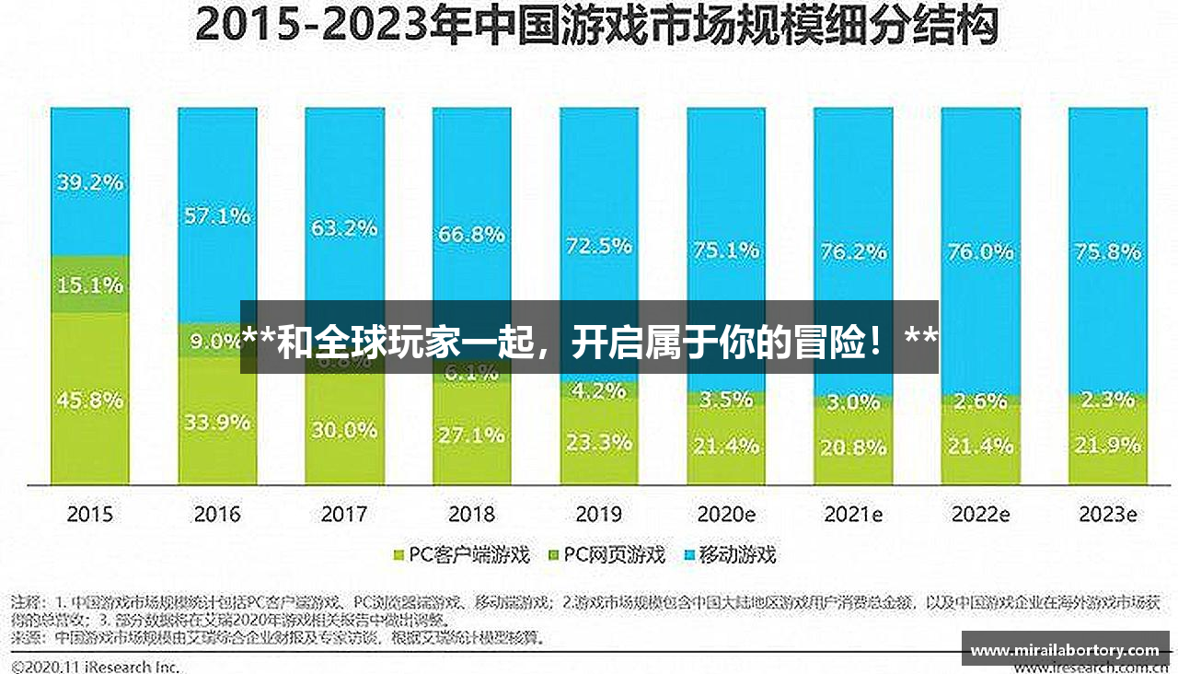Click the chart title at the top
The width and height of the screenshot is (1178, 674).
pyautogui.click(x=595, y=28)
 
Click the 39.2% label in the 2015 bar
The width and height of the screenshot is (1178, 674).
pyautogui.click(x=89, y=182)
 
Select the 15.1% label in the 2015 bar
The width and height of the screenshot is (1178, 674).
pyautogui.click(x=89, y=285)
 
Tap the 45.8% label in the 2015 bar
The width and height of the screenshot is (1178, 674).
pyautogui.click(x=89, y=401)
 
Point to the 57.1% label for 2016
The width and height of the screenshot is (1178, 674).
pyautogui.click(x=217, y=216)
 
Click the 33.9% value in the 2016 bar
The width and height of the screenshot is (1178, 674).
pyautogui.click(x=217, y=423)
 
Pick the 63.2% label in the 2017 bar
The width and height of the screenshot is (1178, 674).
pyautogui.click(x=344, y=227)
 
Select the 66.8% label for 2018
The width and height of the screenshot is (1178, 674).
pyautogui.click(x=471, y=234)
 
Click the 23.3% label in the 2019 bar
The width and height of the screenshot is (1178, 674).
pyautogui.click(x=598, y=442)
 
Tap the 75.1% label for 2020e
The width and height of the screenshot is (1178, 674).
pyautogui.click(x=726, y=250)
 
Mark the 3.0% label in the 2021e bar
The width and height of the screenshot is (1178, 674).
pyautogui.click(x=853, y=402)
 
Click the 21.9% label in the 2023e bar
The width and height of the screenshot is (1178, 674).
pyautogui.click(x=1107, y=447)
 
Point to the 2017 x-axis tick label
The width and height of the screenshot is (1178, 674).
pyautogui.click(x=344, y=515)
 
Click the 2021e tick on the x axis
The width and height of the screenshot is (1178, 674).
pyautogui.click(x=853, y=515)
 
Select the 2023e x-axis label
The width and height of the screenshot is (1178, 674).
pyautogui.click(x=1107, y=515)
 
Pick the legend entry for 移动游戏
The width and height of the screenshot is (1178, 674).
pyautogui.click(x=737, y=555)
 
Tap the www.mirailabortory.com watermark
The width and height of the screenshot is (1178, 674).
pyautogui.click(x=1065, y=650)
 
